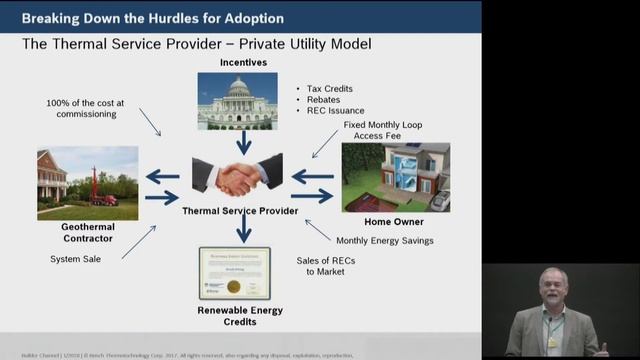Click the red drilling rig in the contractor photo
tap(98, 187)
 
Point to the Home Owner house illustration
tap(395, 176)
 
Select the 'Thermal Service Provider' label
tap(239, 211)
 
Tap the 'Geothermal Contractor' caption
tap(89, 234)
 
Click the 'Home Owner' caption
tap(394, 221)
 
